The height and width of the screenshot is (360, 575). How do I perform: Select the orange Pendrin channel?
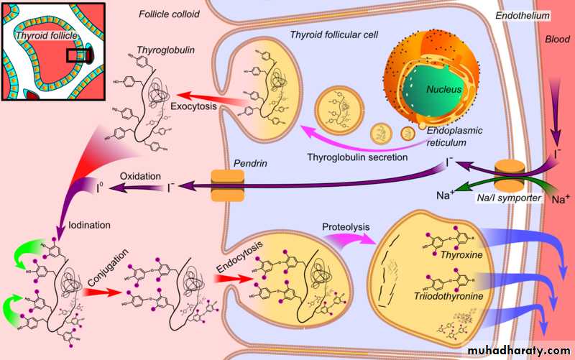point(224,185)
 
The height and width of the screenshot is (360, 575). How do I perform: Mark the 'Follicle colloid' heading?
point(168,13)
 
